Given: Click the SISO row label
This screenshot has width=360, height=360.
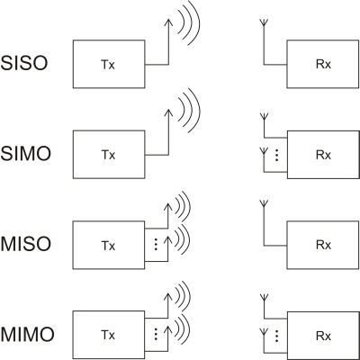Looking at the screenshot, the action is tap(24, 63).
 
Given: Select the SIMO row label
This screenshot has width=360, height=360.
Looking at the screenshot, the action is tap(26, 154).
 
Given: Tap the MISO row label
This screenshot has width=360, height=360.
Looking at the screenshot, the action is tap(26, 244).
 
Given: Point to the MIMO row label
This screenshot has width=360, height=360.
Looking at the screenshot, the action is tap(28, 334).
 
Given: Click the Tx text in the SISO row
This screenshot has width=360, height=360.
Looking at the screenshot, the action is tap(108, 65).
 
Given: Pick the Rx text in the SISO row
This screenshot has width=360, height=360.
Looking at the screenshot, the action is tap(323, 65).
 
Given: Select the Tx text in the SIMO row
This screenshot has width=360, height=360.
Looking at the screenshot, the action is tap(108, 155).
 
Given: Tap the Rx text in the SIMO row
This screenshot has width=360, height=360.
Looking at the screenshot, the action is tap(323, 155).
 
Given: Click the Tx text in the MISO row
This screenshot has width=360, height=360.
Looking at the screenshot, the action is tap(108, 246).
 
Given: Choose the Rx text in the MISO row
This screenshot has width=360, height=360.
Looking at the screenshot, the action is tap(323, 245).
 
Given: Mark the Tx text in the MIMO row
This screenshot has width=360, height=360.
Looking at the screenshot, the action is tap(108, 335).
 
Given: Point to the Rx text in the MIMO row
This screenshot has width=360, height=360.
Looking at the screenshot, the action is tap(323, 336).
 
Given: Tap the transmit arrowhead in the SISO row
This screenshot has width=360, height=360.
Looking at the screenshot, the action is tap(168, 19).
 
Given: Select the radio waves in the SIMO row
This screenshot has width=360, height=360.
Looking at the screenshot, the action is tap(189, 111).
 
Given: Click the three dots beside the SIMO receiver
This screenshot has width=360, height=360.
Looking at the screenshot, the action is tap(277, 154).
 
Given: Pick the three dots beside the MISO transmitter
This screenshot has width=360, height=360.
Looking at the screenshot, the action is tap(156, 244).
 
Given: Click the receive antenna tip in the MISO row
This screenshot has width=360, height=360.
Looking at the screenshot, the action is tap(264, 203).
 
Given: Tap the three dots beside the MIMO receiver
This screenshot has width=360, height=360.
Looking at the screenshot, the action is tap(276, 336).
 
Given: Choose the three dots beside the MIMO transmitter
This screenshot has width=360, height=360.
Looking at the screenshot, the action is tap(156, 334).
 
